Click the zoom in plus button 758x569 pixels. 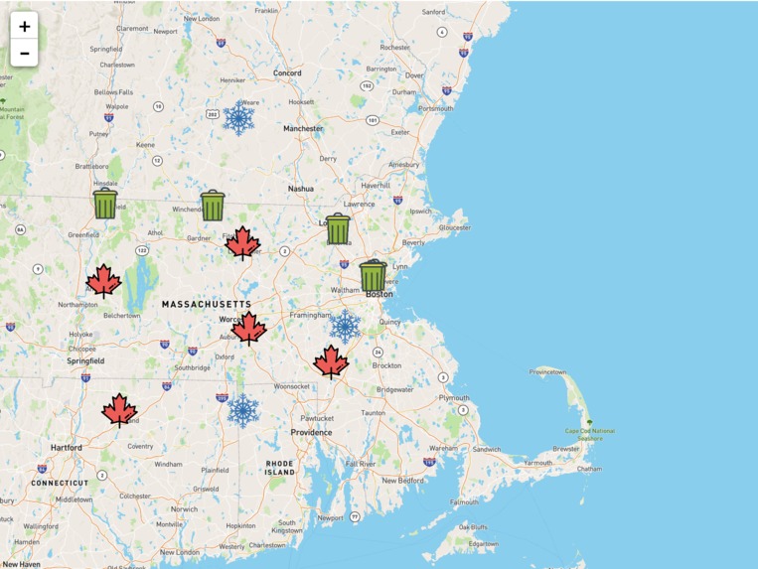(x=25, y=27)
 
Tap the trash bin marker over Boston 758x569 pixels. (x=373, y=275)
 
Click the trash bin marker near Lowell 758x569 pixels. (x=338, y=228)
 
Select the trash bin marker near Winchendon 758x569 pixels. (x=213, y=205)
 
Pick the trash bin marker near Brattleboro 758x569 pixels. (x=105, y=204)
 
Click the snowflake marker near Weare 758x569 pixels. (x=238, y=119)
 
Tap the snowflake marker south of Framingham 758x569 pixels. (x=345, y=326)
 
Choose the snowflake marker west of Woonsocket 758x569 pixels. (x=243, y=410)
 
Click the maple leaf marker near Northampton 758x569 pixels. (x=103, y=281)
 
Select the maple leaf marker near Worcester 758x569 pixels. (x=248, y=328)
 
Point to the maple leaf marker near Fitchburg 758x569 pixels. (x=242, y=242)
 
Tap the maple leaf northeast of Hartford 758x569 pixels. (x=119, y=409)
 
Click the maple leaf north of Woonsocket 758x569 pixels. (x=331, y=361)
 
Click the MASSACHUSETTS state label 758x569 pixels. (x=207, y=304)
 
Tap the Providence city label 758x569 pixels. (x=311, y=432)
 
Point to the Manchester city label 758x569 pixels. (x=303, y=128)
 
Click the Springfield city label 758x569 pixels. (x=85, y=361)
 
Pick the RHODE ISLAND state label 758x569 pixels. (x=280, y=468)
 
